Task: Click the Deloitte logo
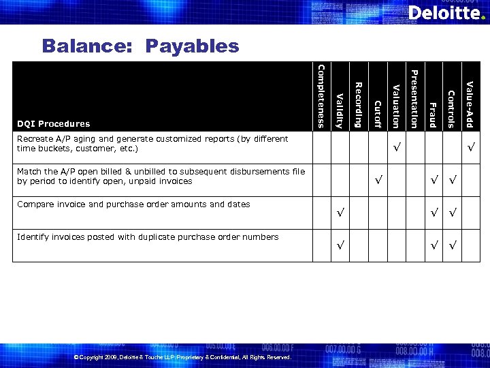click(x=446, y=13)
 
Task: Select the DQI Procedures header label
click(x=54, y=123)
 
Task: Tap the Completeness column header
click(x=322, y=96)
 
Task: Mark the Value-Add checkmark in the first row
click(x=470, y=148)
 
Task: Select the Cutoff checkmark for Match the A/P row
click(x=378, y=181)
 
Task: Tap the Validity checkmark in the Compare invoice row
click(x=341, y=213)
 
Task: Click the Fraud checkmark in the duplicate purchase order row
click(x=434, y=245)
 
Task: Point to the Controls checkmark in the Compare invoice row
click(x=451, y=213)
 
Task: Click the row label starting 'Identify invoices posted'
click(x=148, y=237)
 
